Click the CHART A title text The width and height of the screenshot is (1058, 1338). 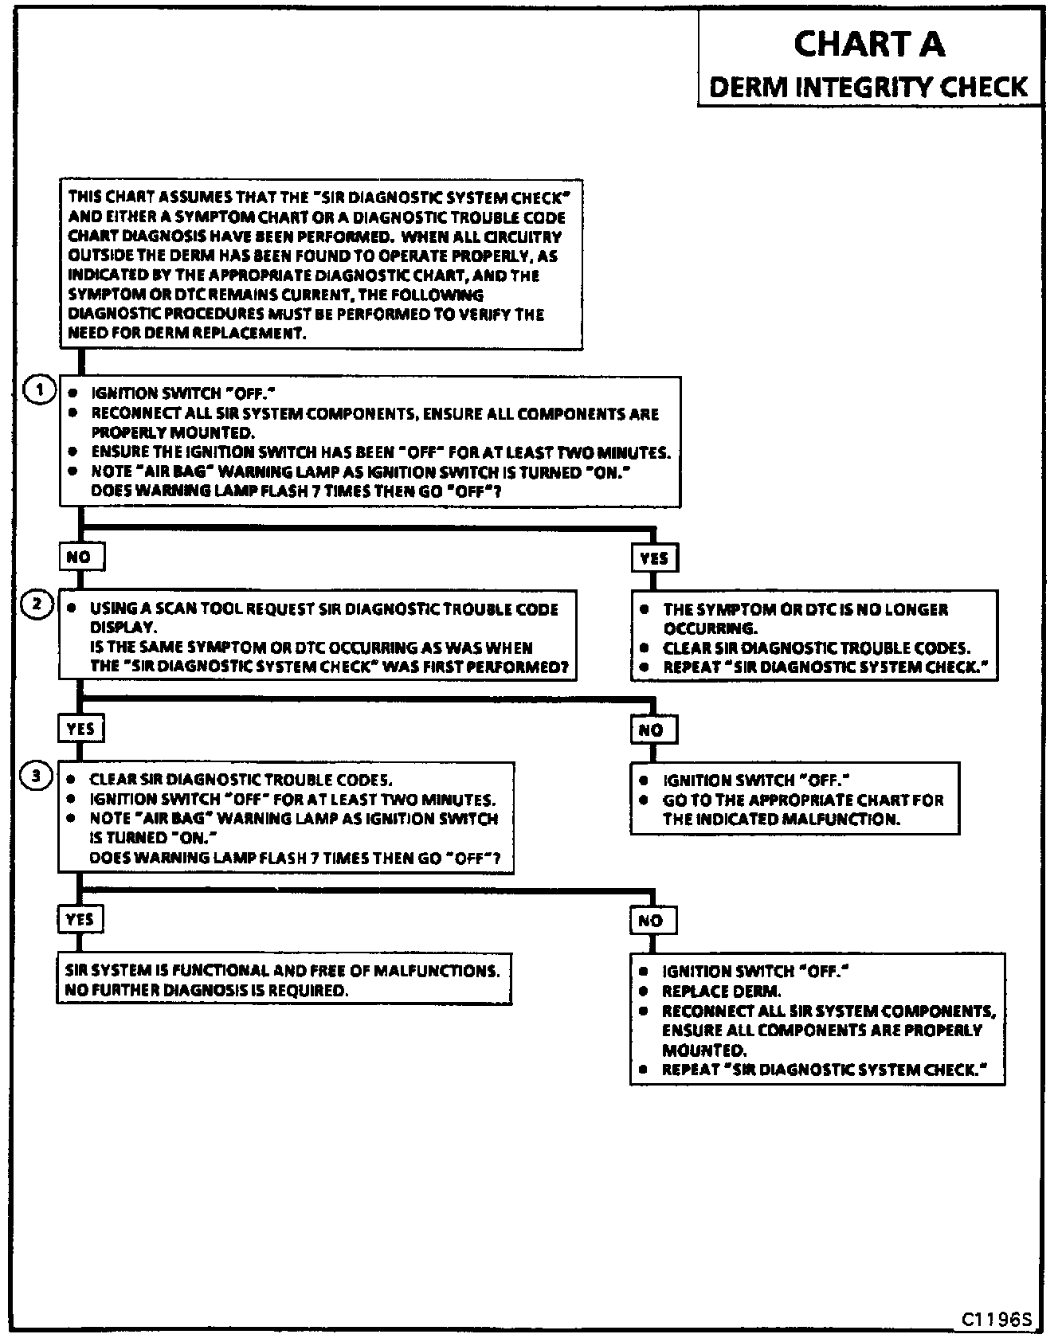pyautogui.click(x=869, y=44)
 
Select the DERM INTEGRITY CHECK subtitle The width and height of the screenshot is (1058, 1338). pyautogui.click(x=868, y=86)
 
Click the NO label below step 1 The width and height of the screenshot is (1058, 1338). pyautogui.click(x=79, y=557)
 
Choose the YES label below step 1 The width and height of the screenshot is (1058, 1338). pyautogui.click(x=654, y=558)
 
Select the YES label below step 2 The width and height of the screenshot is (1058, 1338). pyautogui.click(x=80, y=728)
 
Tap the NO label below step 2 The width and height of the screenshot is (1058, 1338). pyautogui.click(x=651, y=730)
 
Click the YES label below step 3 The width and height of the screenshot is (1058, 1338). pyautogui.click(x=80, y=919)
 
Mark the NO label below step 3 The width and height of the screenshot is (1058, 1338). pyautogui.click(x=651, y=921)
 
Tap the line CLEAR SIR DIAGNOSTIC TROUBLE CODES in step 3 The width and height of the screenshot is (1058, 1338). pyautogui.click(x=241, y=780)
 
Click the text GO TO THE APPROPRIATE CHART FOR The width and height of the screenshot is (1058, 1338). pyautogui.click(x=803, y=800)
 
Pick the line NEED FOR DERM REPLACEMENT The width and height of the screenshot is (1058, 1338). pyautogui.click(x=187, y=334)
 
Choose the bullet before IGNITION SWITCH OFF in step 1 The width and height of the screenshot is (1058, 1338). pyautogui.click(x=73, y=393)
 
